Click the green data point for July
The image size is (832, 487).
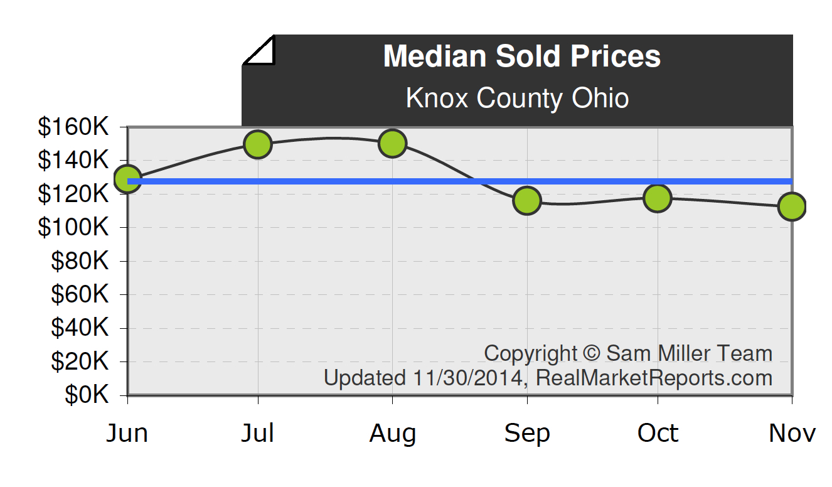coord(258,144)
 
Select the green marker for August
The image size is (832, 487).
coord(392,144)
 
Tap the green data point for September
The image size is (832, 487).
coord(527,201)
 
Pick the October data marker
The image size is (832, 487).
coord(658,198)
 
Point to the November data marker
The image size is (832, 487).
coord(791,206)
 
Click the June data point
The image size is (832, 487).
coord(128,179)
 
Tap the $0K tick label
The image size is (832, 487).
coord(87,395)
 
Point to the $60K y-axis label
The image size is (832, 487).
coord(80,294)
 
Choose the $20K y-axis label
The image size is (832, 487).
coord(80,361)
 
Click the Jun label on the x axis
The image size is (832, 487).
coord(127,434)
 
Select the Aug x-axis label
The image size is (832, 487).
coord(392,434)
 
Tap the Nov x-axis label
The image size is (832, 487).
coord(792,434)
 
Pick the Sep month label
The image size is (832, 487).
coord(527,434)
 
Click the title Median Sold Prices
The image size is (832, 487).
coord(521,56)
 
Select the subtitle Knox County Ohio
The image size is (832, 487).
coord(517,99)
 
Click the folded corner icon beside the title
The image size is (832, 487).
coord(259,50)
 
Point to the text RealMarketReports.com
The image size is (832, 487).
coord(654,378)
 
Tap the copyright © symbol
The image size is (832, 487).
coord(591,353)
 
